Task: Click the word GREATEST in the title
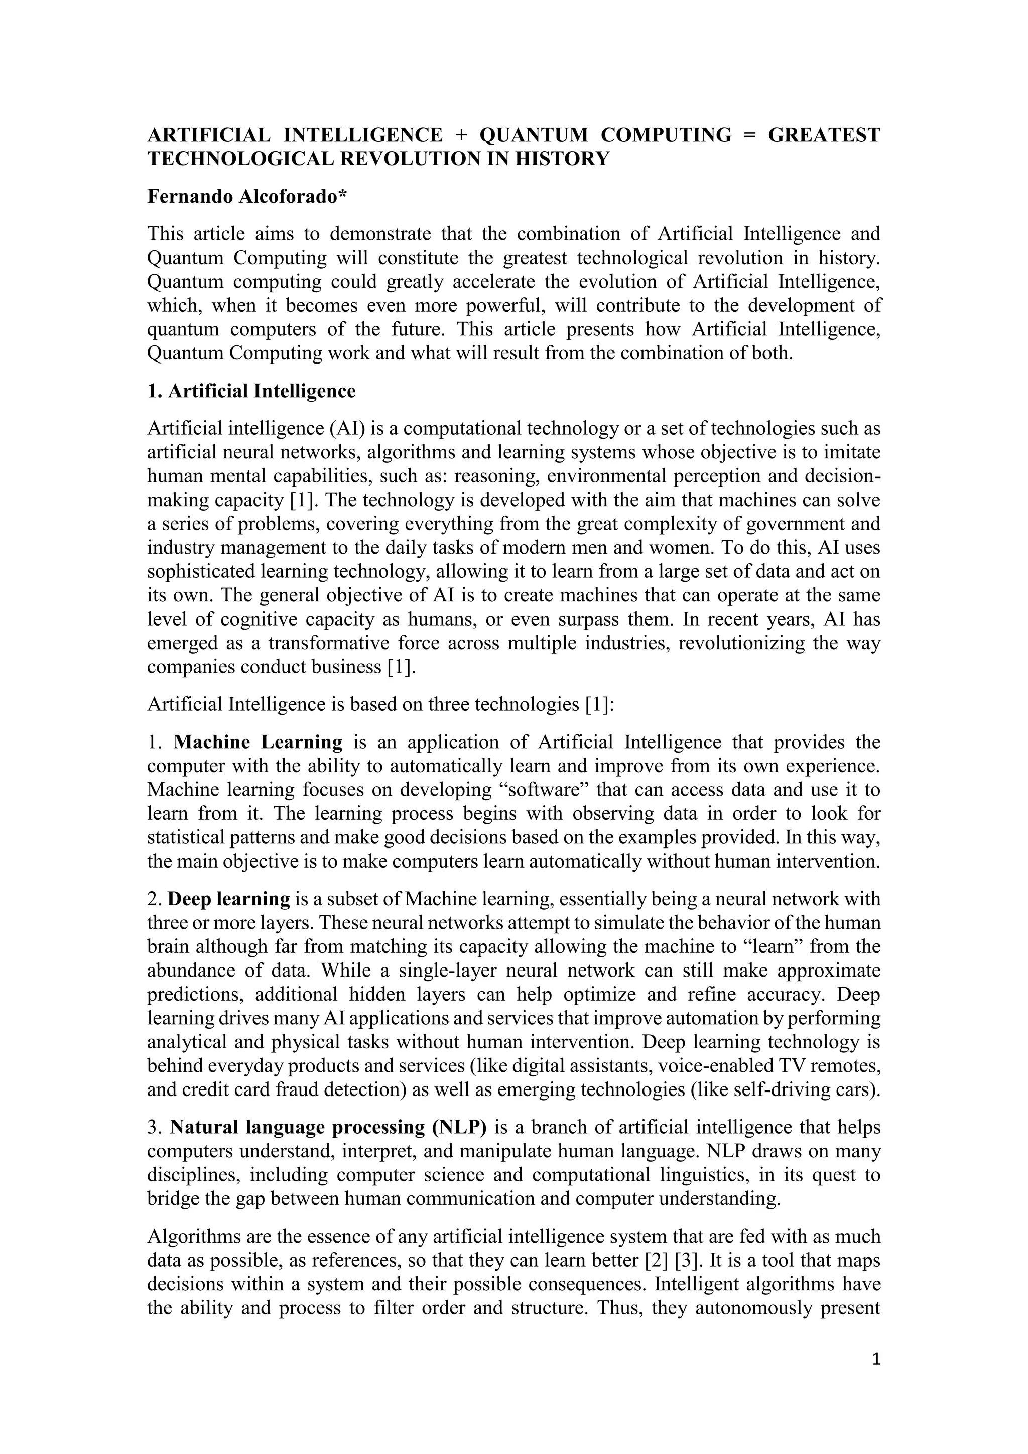coord(824,135)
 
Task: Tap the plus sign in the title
coord(461,135)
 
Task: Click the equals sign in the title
coord(750,135)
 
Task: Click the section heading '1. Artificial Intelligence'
coord(251,391)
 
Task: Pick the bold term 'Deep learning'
coord(228,899)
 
